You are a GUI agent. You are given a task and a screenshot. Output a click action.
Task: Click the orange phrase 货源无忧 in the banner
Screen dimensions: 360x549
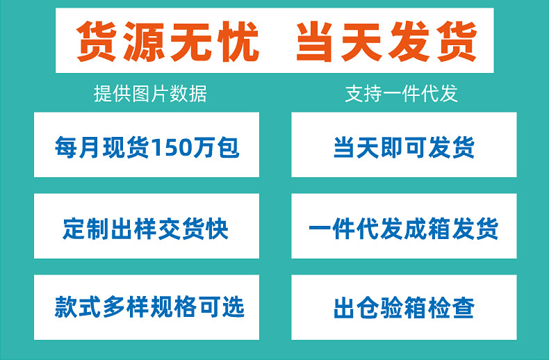[168, 42]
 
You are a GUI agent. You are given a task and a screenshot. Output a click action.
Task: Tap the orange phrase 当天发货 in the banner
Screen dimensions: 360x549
[386, 42]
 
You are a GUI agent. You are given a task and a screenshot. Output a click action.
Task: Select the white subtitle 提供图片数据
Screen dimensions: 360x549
[150, 94]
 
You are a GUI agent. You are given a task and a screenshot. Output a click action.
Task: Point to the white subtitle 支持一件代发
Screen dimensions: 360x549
[402, 94]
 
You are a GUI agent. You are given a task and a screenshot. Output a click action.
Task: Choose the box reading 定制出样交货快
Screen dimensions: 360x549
[146, 228]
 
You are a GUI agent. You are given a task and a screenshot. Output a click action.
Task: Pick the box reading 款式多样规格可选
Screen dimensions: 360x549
[146, 307]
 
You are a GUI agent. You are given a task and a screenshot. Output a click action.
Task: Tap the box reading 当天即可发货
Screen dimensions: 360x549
[404, 148]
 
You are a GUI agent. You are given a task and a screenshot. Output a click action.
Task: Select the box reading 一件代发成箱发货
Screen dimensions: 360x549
[404, 228]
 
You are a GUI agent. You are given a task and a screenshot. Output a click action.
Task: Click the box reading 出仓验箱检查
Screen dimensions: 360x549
[404, 307]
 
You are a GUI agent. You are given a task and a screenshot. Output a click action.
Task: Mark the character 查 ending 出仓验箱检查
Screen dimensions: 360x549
[463, 307]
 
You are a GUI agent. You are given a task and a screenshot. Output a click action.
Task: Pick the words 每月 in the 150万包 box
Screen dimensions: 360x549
[79, 148]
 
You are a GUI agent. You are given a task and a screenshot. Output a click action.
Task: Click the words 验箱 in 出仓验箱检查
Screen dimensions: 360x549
[404, 307]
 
